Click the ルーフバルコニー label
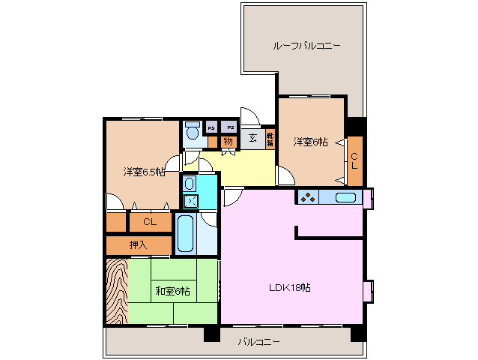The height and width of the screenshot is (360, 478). tap(306, 46)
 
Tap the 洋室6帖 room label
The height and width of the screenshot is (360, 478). tap(309, 142)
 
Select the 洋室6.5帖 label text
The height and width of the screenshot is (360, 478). tap(143, 172)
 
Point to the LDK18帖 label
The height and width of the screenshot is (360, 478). tap(290, 288)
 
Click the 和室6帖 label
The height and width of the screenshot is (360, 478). tap(172, 290)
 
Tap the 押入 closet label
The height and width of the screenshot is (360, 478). tap(138, 244)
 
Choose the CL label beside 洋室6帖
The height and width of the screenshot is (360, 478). tap(354, 160)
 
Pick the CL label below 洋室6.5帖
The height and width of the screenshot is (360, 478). tap(149, 222)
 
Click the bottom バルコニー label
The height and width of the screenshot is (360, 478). tap(259, 342)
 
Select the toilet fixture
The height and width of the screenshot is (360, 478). tap(193, 132)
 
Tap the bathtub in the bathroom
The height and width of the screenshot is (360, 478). tap(185, 233)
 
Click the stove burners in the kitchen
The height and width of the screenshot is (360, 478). tap(307, 198)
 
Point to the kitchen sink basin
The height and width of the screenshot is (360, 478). tap(345, 198)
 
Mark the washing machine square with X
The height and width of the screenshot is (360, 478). tap(190, 201)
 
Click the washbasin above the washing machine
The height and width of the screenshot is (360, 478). tap(190, 183)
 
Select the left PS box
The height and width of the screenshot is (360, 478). tap(211, 127)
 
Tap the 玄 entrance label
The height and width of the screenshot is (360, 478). tap(252, 138)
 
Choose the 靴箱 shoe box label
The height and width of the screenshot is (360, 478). tap(270, 139)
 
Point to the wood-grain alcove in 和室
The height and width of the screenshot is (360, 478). tap(117, 291)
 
